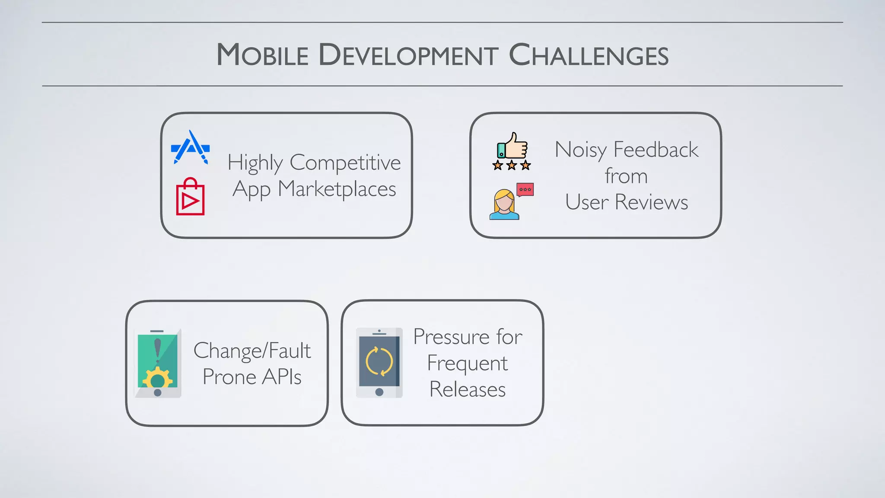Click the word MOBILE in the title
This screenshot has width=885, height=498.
click(x=262, y=55)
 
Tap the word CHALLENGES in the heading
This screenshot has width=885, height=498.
click(x=589, y=55)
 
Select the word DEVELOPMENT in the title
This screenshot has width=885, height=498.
click(x=408, y=55)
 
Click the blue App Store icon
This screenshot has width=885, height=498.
click(x=191, y=148)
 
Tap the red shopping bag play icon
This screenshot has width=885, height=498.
click(x=190, y=197)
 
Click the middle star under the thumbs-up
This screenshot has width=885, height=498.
click(x=512, y=165)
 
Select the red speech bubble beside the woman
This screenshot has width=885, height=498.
click(x=525, y=190)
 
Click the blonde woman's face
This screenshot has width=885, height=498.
click(x=504, y=203)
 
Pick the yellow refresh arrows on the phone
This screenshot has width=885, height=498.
click(x=379, y=361)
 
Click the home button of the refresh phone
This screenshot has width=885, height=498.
click(x=379, y=392)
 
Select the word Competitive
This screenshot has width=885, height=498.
click(x=345, y=163)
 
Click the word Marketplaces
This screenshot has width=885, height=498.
click(x=337, y=189)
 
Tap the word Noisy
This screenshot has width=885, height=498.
click(x=581, y=150)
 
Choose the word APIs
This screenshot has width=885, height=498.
click(x=282, y=377)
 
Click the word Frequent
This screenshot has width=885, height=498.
click(x=467, y=364)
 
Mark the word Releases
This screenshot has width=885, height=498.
click(x=467, y=389)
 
